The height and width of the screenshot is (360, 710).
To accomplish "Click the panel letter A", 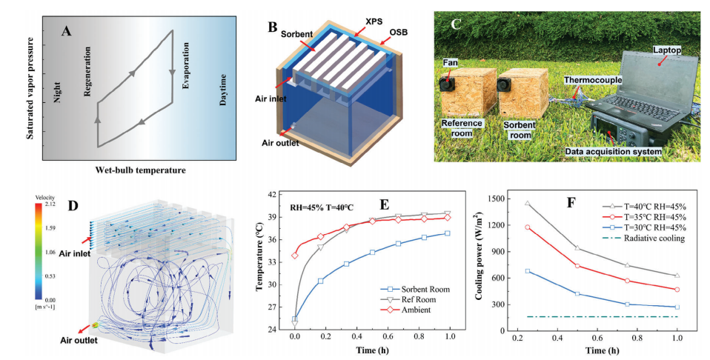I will (x=67, y=31).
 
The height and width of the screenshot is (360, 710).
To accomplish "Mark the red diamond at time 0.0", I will (x=296, y=256).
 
